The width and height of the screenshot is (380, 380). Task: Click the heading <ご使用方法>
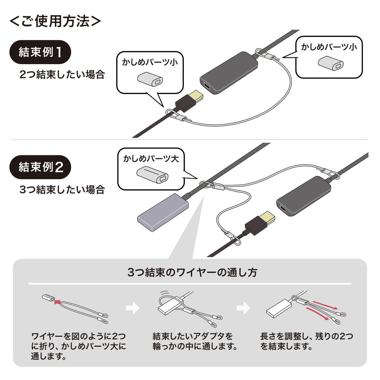coord(55,21)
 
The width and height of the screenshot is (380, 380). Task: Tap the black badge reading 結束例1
coord(40,52)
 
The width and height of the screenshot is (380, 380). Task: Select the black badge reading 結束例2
coord(40,167)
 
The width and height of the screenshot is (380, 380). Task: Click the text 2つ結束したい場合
coord(62,75)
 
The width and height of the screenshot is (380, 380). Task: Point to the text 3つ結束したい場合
coord(62,190)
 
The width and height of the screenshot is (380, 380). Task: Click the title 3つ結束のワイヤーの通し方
coord(193,272)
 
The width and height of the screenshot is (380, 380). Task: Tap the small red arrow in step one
coord(57,302)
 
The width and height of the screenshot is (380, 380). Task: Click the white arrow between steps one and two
coord(133,308)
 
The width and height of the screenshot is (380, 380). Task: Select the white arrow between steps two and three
coord(243,308)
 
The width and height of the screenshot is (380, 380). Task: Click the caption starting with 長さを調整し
coord(307,341)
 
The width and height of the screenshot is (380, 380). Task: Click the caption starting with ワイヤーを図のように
coord(79,346)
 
